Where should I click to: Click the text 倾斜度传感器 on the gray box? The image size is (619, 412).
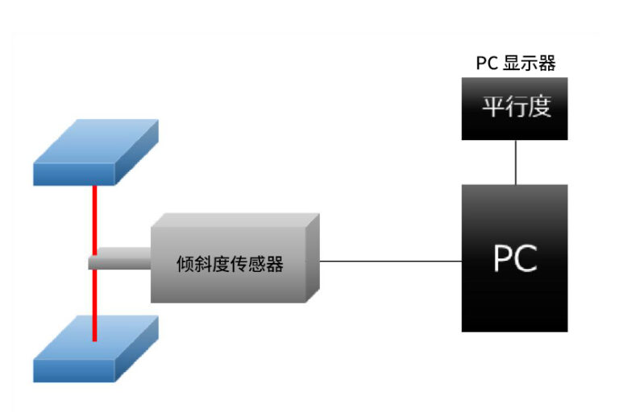tap(230, 263)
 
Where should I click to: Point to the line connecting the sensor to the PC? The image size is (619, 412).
tap(391, 261)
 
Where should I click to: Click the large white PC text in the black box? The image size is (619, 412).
tap(515, 258)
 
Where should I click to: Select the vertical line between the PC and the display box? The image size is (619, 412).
tap(514, 162)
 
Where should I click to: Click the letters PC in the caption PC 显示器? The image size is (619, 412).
tap(487, 64)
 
